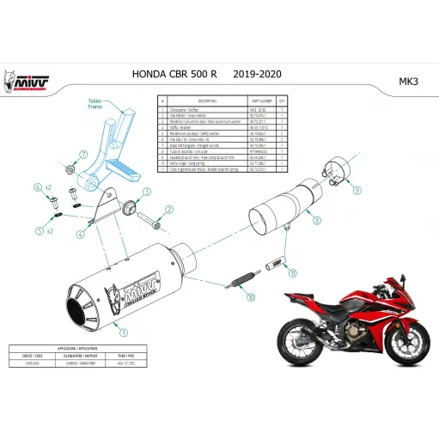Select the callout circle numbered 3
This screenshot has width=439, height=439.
147,192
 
